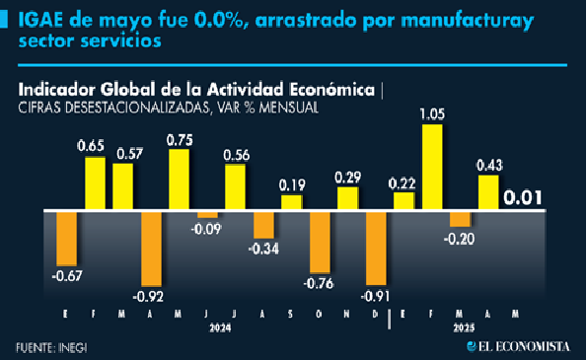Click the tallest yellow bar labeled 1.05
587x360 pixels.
pos(432,167)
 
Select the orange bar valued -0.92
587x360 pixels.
pos(151,249)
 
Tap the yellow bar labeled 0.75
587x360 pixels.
pos(179,180)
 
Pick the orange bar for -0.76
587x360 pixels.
pos(320,243)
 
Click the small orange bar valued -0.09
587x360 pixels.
pos(207,215)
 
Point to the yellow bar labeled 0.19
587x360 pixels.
pos(292,202)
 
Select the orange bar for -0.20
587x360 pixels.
pos(460,219)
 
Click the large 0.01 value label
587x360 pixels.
pos(523,198)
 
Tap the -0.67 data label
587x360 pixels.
pos(67,276)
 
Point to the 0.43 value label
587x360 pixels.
pos(489,166)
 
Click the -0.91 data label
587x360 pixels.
pos(375,296)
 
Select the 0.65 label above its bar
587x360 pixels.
pos(91,146)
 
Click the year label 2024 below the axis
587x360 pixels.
pos(220,328)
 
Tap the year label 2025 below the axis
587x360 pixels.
pos(465,328)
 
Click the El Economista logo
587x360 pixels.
pos(519,346)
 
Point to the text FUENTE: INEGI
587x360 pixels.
pos(51,348)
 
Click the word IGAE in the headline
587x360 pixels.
pos(40,20)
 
